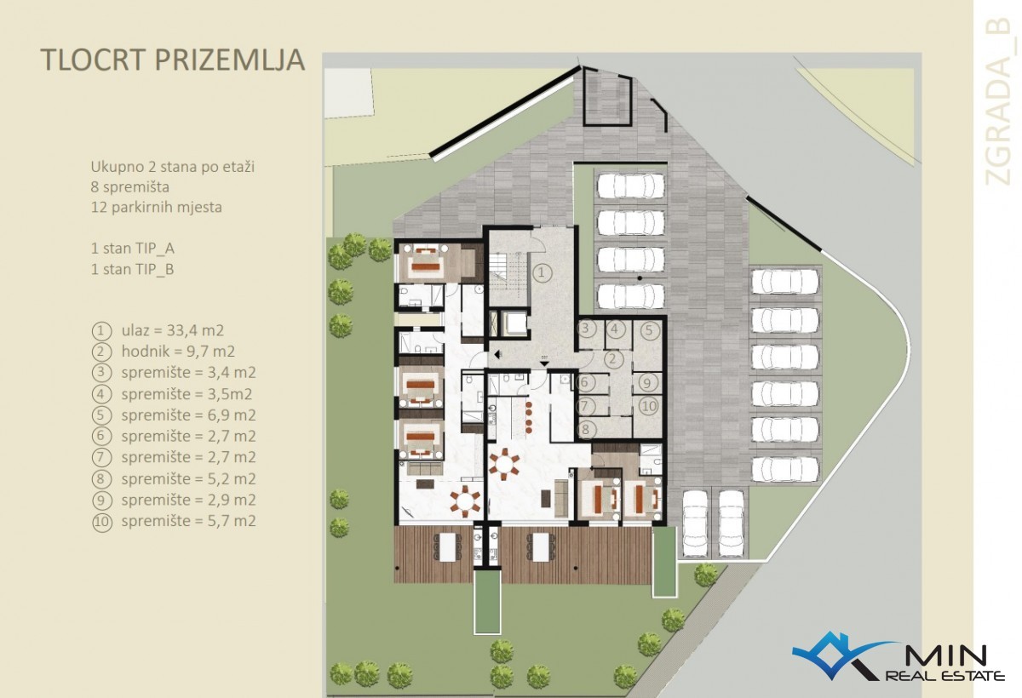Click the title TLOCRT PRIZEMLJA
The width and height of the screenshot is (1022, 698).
[x=172, y=60]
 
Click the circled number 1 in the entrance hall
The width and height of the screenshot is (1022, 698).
[x=542, y=273]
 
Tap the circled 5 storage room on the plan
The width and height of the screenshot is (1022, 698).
[x=649, y=330]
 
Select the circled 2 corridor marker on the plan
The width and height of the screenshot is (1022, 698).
[x=612, y=359]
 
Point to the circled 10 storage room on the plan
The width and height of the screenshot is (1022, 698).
[x=649, y=405]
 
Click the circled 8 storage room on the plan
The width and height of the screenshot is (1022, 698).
[x=586, y=429]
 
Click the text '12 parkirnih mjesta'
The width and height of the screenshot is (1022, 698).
[x=157, y=207]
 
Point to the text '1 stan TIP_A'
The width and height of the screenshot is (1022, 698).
[x=132, y=249]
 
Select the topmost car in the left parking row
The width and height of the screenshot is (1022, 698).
[x=631, y=185]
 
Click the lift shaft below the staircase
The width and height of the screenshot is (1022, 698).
[x=514, y=323]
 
